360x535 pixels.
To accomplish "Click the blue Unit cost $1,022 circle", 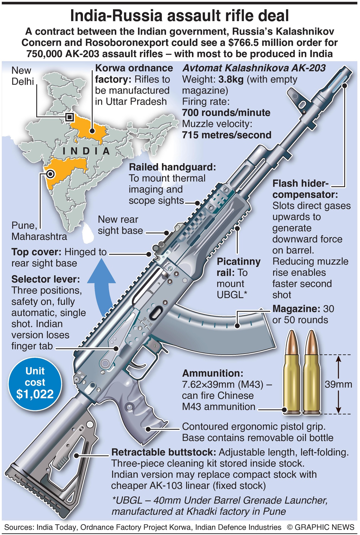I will (x=35, y=383).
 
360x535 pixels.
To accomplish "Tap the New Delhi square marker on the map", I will (x=69, y=117).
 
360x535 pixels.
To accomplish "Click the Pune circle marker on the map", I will (x=50, y=174).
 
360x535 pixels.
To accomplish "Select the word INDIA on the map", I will (x=86, y=151).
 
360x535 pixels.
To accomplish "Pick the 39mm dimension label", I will (x=338, y=384).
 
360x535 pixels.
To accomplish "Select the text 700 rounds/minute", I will (x=226, y=113).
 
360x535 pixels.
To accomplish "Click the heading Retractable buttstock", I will (x=164, y=452).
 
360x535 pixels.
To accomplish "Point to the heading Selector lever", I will (x=46, y=279).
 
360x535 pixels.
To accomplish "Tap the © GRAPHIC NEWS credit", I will (x=321, y=527).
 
